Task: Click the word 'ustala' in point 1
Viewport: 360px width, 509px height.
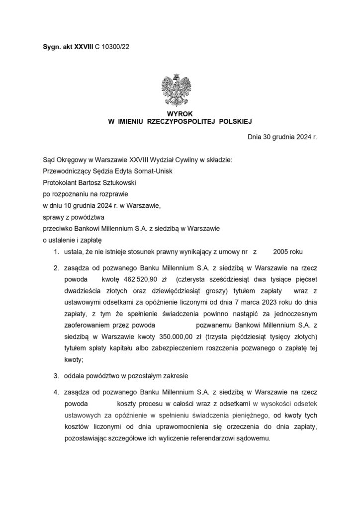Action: click(x=73, y=252)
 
